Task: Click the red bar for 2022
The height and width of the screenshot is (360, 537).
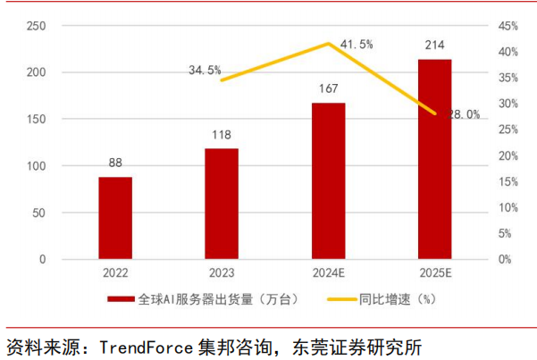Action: click(114, 218)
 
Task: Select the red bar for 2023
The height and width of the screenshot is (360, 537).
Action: click(222, 204)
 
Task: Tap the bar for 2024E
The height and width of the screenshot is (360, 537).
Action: click(329, 180)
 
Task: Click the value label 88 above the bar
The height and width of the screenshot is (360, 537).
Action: click(114, 163)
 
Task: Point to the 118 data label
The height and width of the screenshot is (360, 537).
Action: click(222, 135)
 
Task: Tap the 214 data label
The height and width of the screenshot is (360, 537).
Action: click(435, 45)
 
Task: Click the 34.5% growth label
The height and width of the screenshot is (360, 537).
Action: click(205, 70)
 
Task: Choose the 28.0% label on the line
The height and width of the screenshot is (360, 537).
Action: click(462, 114)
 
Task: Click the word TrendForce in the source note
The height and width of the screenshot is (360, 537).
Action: click(141, 346)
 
